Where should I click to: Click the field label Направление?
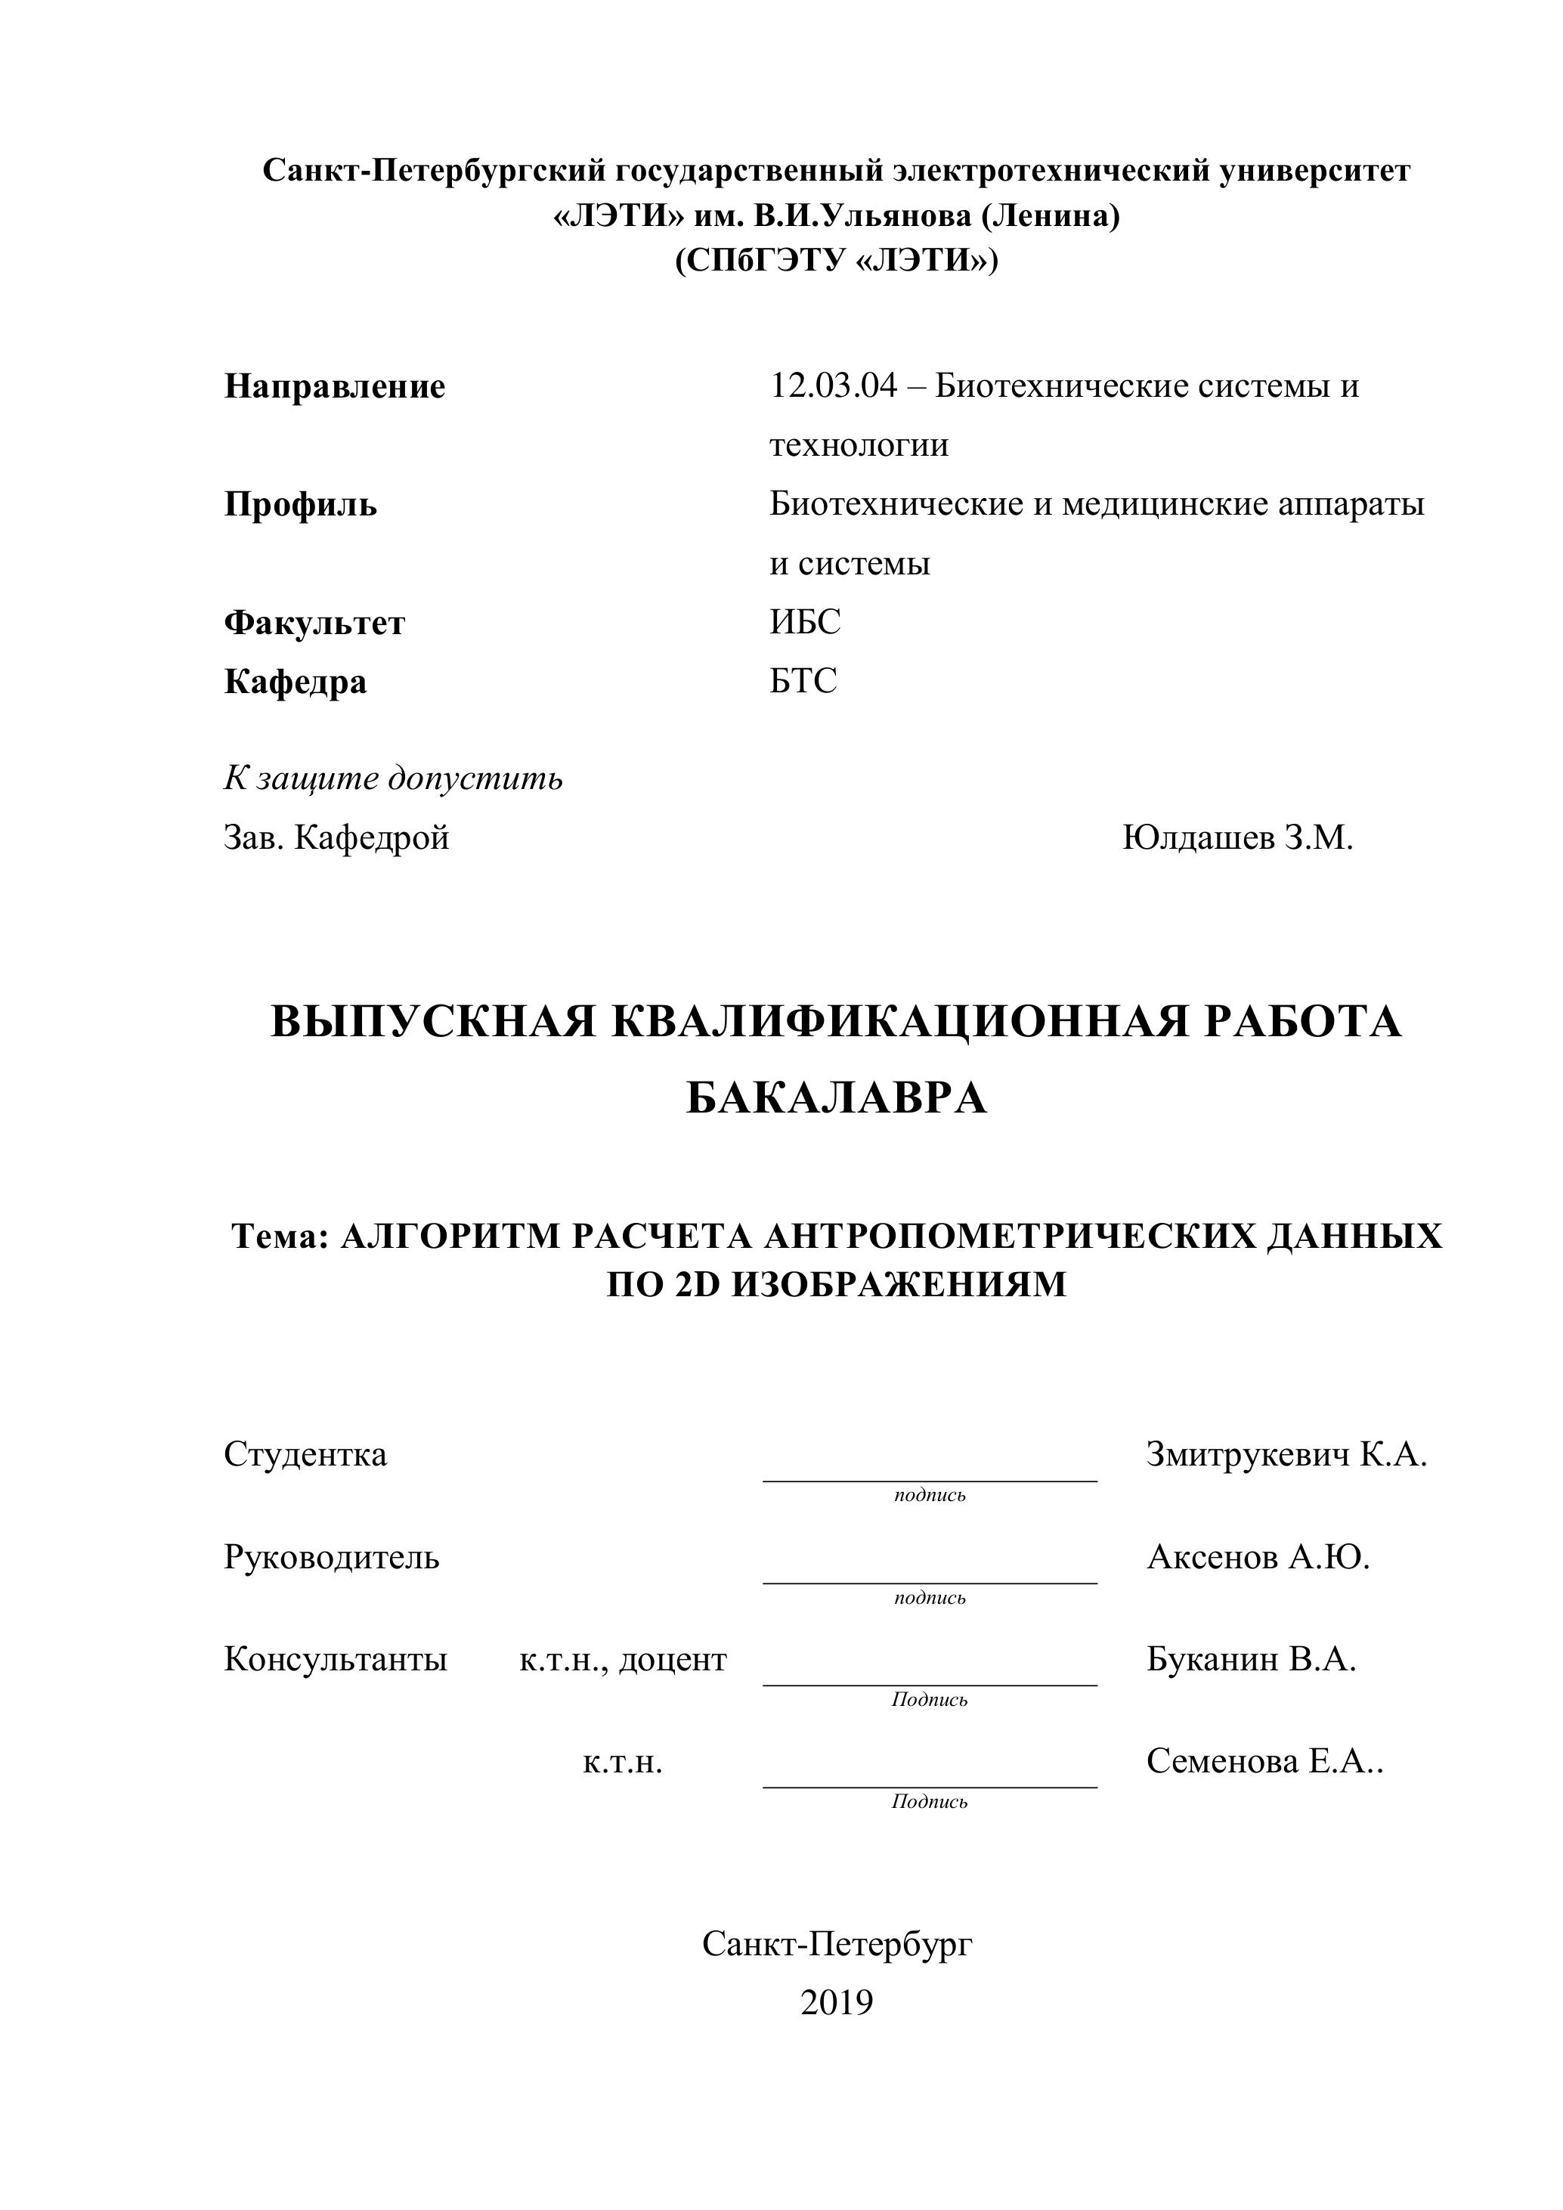pyautogui.click(x=334, y=387)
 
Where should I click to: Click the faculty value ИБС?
pyautogui.click(x=805, y=622)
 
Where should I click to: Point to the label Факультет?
pyautogui.click(x=314, y=623)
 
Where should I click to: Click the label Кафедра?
pyautogui.click(x=295, y=682)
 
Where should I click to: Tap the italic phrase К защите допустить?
pyautogui.click(x=393, y=778)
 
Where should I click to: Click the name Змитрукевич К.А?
pyautogui.click(x=1286, y=1454)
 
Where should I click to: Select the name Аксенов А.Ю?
pyautogui.click(x=1257, y=1556)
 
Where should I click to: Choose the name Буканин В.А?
pyautogui.click(x=1250, y=1660)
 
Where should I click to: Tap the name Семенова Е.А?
pyautogui.click(x=1263, y=1762)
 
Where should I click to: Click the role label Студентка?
pyautogui.click(x=305, y=1454)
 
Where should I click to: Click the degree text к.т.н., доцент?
pyautogui.click(x=623, y=1660)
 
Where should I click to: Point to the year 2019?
pyautogui.click(x=837, y=2002)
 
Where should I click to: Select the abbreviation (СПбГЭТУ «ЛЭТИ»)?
pyautogui.click(x=837, y=261)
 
